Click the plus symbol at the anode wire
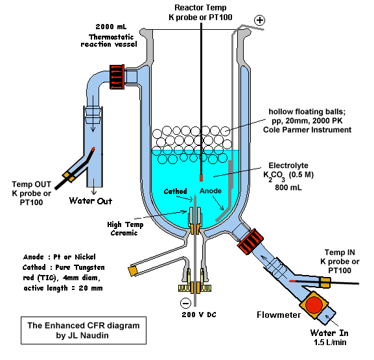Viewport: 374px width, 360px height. (x=260, y=20)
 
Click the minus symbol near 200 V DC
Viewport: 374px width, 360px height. (x=185, y=303)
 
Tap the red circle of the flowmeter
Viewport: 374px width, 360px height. (x=314, y=305)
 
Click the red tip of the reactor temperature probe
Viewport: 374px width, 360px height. (x=202, y=178)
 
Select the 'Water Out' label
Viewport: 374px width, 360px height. (x=91, y=201)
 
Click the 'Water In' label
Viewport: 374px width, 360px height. (x=329, y=333)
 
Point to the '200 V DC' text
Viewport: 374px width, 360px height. (x=199, y=315)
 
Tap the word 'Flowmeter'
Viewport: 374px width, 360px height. (x=279, y=315)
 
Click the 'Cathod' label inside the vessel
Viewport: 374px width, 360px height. (x=175, y=191)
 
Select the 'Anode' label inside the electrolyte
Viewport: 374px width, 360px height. (x=211, y=191)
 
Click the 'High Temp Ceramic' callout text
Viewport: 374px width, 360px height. (x=125, y=229)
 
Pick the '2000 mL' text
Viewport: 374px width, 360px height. (x=111, y=27)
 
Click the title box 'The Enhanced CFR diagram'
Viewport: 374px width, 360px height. (x=84, y=330)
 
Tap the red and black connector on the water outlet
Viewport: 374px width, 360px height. (x=117, y=77)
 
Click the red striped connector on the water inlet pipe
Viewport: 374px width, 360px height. (x=250, y=241)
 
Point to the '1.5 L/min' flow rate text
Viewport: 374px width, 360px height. (x=330, y=342)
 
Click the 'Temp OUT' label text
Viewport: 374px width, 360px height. (x=32, y=184)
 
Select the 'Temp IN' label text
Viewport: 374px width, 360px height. (x=340, y=252)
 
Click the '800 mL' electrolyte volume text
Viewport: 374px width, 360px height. (x=288, y=187)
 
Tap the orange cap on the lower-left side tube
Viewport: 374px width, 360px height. (x=133, y=271)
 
